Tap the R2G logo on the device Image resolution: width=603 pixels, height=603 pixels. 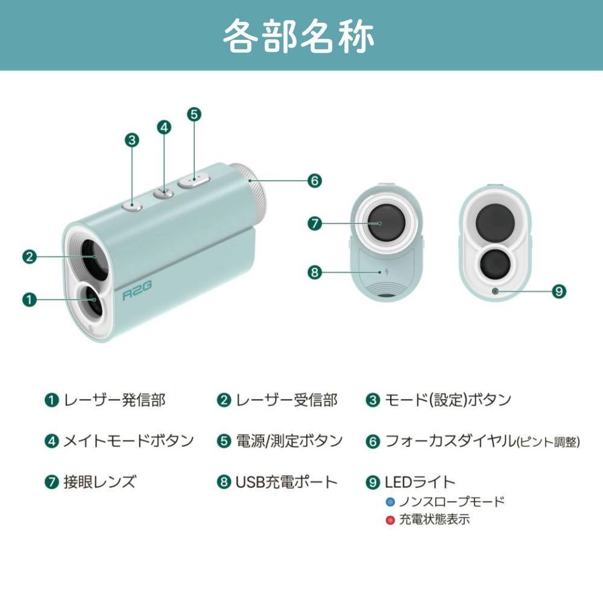136,295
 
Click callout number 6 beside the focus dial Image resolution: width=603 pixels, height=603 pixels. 315,180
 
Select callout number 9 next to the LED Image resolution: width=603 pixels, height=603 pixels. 559,291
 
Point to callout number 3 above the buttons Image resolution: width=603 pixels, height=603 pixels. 132,140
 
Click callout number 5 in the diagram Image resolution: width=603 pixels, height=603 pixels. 194,114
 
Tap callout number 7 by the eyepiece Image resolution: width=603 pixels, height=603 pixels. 315,223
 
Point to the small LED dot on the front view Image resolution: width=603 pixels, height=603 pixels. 494,291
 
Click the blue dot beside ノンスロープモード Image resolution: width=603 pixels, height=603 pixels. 390,502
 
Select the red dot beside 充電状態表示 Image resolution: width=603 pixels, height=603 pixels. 390,520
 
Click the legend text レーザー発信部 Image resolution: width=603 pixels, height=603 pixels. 115,400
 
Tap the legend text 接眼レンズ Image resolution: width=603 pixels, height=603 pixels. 99,482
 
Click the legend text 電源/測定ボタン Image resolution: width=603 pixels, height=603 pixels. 289,441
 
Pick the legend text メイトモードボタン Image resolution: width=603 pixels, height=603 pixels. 128,441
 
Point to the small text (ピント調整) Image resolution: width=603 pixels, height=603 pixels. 548,442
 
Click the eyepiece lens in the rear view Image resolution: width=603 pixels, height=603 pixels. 382,223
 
